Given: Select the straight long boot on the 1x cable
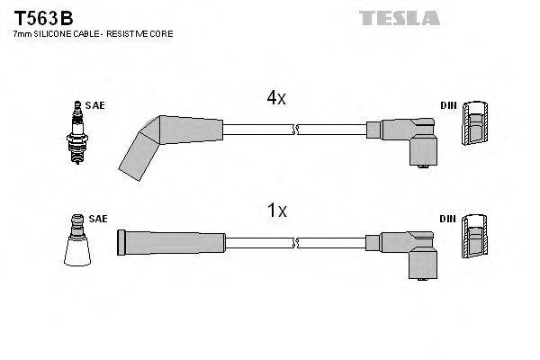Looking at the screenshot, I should click(x=171, y=240).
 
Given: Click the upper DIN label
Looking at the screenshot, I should click(x=447, y=105).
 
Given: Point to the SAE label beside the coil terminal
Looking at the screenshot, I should click(x=97, y=218).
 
